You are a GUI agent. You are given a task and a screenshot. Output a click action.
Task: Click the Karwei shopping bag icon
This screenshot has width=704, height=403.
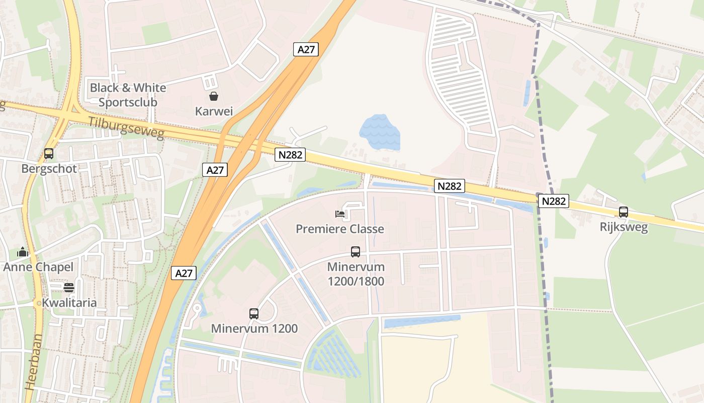pos(214,96)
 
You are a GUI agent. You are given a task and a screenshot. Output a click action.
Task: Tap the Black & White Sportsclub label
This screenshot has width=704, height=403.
pos(128,95)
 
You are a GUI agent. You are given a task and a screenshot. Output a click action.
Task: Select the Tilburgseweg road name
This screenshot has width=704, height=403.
pos(126,128)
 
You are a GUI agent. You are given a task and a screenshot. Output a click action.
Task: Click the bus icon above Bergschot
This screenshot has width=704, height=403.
pos(49,154)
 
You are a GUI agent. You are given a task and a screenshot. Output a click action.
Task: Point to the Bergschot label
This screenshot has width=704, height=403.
pos(49,168)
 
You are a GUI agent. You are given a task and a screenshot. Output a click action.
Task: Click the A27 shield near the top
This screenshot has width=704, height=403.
pos(306,49)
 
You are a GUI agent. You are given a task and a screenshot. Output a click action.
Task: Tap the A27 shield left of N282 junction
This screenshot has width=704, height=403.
pos(215,170)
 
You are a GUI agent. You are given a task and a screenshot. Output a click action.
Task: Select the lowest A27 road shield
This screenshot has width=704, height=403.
pos(184,273)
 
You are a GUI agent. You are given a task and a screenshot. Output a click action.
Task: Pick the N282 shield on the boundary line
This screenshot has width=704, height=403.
pos(554,201)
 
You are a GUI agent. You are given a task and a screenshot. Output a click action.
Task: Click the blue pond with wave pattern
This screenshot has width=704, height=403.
pos(380,132)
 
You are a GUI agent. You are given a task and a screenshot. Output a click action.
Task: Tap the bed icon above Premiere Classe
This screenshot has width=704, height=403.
pos(340,214)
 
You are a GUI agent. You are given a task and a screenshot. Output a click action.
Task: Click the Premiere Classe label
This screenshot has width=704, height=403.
pos(340,229)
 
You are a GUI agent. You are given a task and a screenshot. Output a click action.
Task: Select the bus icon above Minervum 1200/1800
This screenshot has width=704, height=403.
pos(356,251)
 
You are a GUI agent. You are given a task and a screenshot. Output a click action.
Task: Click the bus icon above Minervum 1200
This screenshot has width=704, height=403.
pos(254,313)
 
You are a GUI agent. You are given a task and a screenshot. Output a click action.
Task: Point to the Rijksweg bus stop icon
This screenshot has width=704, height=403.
pos(624,212)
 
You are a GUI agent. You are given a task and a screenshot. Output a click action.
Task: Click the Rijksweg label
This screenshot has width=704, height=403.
pos(624,227)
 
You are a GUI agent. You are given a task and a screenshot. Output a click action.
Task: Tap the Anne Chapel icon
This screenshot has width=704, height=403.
pos(22,251)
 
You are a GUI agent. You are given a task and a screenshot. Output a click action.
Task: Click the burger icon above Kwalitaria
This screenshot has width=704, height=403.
pos(69,288)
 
